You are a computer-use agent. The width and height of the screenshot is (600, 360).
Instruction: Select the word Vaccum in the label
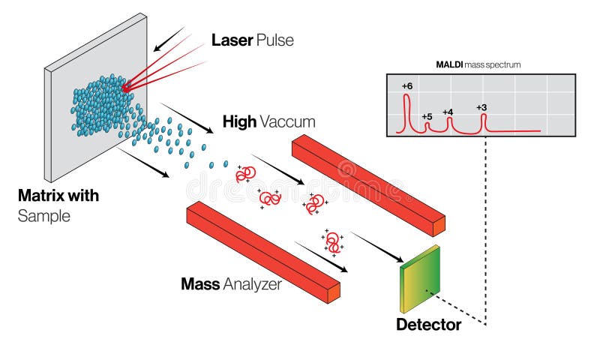click(289, 121)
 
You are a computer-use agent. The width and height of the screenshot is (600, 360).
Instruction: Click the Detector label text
click(428, 325)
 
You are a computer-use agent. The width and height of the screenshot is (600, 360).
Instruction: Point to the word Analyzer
click(253, 284)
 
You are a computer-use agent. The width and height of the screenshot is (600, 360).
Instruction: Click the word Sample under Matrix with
click(43, 216)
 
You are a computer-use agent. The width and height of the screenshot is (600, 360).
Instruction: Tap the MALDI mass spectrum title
click(478, 65)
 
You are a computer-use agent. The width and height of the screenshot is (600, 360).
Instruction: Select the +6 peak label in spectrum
click(406, 86)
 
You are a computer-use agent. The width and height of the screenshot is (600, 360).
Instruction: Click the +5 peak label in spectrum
click(427, 116)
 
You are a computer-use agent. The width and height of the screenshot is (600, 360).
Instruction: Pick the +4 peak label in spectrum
click(448, 112)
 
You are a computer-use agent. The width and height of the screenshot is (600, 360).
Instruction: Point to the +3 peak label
click(481, 107)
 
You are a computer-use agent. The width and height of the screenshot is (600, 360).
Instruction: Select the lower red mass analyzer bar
click(262, 251)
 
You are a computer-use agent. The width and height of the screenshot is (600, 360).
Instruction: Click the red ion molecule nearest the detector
click(334, 241)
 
